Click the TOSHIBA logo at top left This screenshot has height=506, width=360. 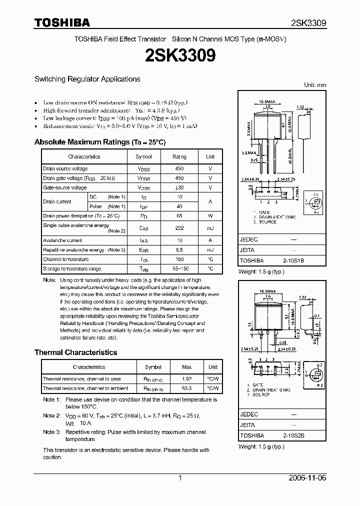(62, 22)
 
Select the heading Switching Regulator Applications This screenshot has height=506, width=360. (87, 79)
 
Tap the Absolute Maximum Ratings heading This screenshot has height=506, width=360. (99, 142)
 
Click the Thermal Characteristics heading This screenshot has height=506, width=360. (75, 352)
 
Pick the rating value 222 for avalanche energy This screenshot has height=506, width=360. (179, 228)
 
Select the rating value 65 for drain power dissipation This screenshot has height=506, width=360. (179, 216)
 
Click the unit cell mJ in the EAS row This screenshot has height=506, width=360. (210, 228)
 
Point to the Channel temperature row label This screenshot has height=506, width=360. (65, 259)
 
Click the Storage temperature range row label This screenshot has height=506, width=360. (71, 268)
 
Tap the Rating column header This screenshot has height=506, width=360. (179, 156)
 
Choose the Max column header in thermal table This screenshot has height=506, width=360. (186, 367)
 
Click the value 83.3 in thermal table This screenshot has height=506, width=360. (186, 388)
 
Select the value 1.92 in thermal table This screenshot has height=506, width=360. (186, 379)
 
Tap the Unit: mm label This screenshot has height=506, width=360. (315, 85)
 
